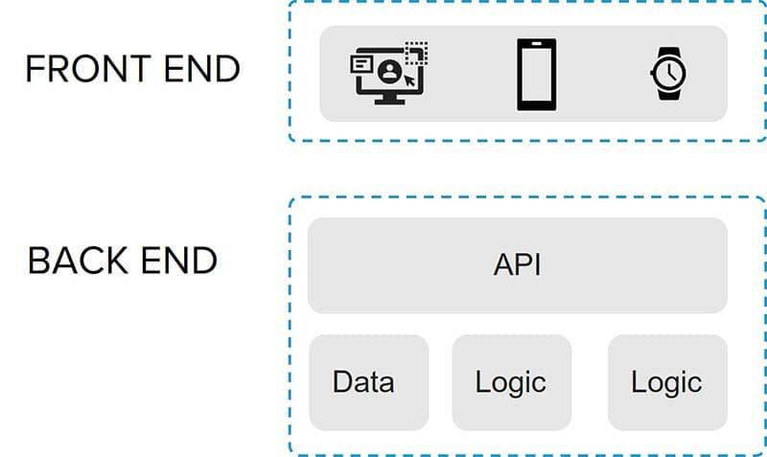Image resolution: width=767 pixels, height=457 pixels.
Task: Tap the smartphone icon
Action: click(x=537, y=74)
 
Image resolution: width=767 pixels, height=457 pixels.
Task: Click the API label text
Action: click(x=517, y=265)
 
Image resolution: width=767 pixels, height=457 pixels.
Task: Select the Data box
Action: click(x=368, y=382)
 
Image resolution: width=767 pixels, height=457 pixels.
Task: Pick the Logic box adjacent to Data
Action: click(x=511, y=382)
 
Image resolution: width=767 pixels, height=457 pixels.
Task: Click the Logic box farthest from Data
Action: click(x=667, y=382)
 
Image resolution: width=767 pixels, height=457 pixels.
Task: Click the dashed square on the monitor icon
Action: click(x=415, y=53)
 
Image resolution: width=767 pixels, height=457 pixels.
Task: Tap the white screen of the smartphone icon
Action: click(x=537, y=74)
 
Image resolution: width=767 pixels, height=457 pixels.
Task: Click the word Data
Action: click(x=363, y=382)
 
